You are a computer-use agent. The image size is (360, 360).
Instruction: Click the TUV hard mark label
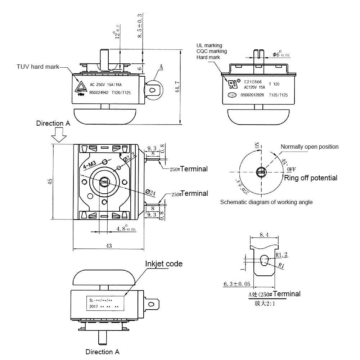(38, 67)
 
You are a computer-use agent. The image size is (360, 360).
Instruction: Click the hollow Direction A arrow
(58, 136)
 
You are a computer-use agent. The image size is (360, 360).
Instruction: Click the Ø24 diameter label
(151, 192)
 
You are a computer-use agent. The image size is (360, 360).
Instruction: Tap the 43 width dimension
(108, 246)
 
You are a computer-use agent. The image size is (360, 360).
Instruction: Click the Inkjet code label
(164, 264)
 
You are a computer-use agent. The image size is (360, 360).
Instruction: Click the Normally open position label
(310, 147)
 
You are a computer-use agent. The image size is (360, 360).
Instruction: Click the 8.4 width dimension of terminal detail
(264, 235)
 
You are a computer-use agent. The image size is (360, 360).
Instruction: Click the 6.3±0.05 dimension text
(237, 284)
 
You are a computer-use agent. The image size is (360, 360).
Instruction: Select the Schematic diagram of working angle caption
(266, 202)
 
